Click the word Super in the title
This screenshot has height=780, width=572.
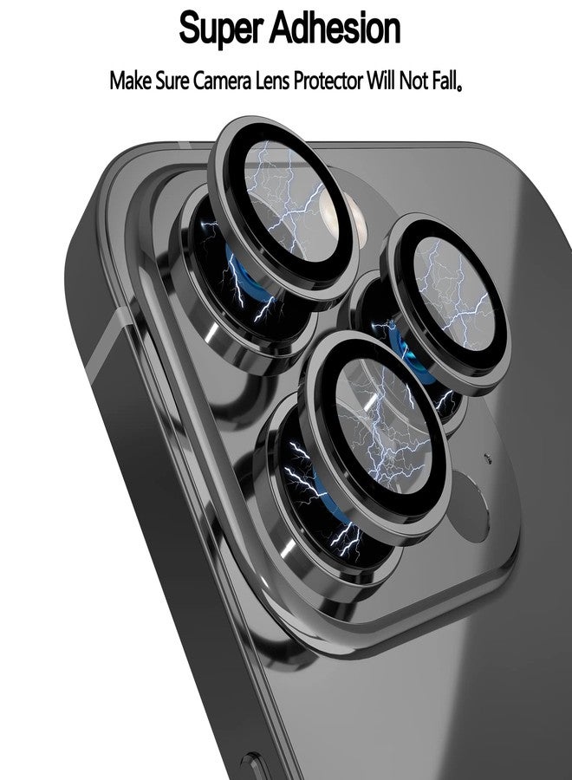(224, 29)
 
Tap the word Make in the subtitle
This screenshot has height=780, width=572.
(130, 81)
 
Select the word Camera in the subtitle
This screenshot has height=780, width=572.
(222, 81)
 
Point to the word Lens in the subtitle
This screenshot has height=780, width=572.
(272, 81)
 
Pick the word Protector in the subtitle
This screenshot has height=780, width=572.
(328, 81)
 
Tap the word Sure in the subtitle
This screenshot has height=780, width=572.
(172, 81)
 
